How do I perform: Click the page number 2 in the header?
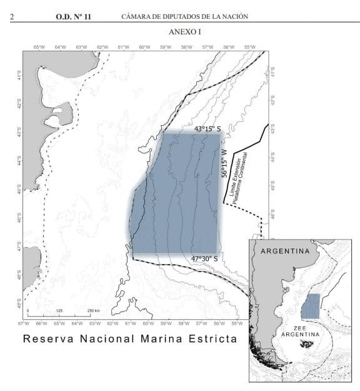coord(12,16)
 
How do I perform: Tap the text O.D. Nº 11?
coord(73,16)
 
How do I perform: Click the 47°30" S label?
coord(204,258)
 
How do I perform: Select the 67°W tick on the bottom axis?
coord(24,323)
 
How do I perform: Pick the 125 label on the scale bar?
coord(59,311)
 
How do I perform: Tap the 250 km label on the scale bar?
coord(93,311)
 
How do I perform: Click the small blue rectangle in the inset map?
coord(311,307)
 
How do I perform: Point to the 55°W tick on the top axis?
coord(249,47)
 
